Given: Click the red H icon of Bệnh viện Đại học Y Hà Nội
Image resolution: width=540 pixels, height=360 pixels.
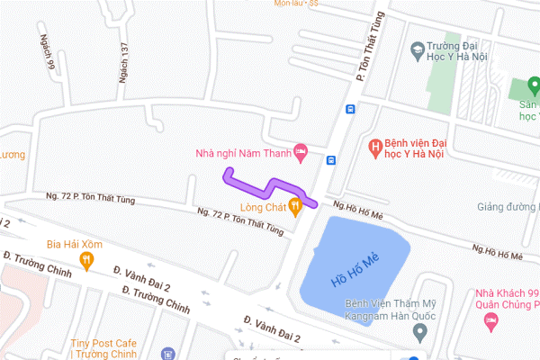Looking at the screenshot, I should pos(376,145).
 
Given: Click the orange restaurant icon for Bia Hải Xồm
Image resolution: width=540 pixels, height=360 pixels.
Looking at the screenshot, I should pos(87,261).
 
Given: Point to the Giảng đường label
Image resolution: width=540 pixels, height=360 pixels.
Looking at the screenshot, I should pos(509,207).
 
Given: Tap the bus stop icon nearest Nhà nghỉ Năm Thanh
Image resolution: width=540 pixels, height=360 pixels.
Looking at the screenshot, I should pos(331,161).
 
